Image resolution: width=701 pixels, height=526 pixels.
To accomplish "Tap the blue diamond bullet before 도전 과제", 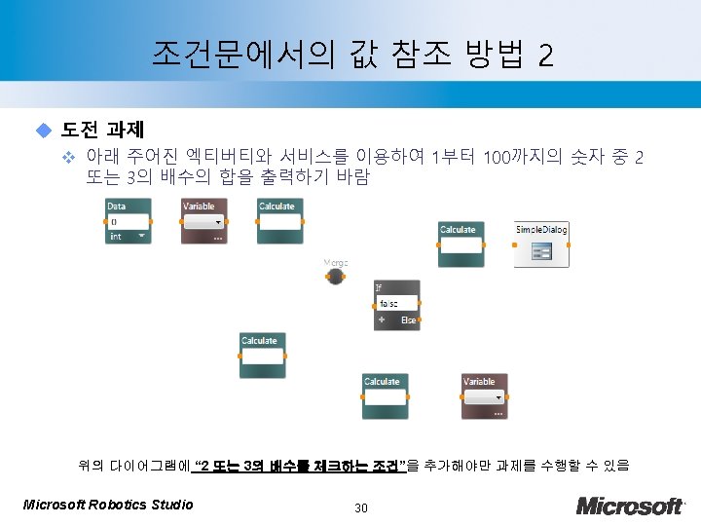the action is pos(42,129).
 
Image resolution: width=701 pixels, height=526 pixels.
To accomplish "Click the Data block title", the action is pos(117,206).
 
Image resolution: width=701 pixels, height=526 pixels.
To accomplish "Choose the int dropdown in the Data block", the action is pos(128,236).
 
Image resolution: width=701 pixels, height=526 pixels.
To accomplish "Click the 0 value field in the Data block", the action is pos(128,221).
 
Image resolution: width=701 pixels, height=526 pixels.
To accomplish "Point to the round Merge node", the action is pos(335,277).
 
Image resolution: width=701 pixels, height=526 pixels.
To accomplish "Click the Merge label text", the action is pos(336,262).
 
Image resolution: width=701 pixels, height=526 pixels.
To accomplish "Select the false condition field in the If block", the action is pos(397,304).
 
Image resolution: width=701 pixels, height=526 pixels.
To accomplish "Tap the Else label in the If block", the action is pos(409,319).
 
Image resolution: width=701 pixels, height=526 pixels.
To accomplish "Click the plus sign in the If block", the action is pos(382,319).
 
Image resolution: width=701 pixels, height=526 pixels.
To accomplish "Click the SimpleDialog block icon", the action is pos(542,251).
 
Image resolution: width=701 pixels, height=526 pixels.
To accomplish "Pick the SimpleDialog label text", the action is pos(541,229).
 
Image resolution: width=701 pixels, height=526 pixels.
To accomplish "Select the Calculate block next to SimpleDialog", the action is pos(460,244).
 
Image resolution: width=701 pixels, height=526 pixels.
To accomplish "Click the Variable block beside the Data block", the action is pos(203,221).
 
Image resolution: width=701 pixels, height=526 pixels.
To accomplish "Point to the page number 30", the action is pos(361,507).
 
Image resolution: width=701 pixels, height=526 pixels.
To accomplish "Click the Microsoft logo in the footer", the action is pos(630,505).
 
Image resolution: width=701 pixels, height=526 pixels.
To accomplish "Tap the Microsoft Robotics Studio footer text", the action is pos(107,504).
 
